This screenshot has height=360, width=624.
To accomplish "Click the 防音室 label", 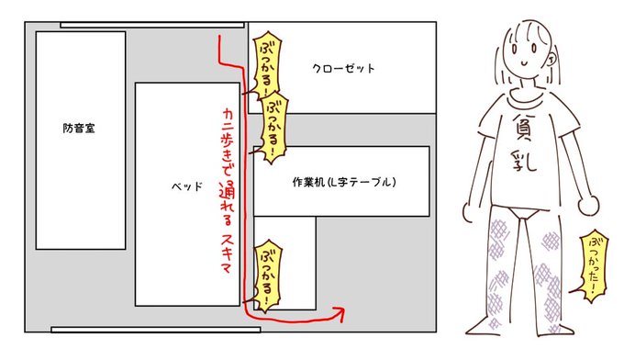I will (79, 129).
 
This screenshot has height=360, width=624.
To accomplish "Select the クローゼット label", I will (343, 69).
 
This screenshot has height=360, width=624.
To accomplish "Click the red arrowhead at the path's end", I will (342, 313).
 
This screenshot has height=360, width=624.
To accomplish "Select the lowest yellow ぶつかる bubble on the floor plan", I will (266, 275).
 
